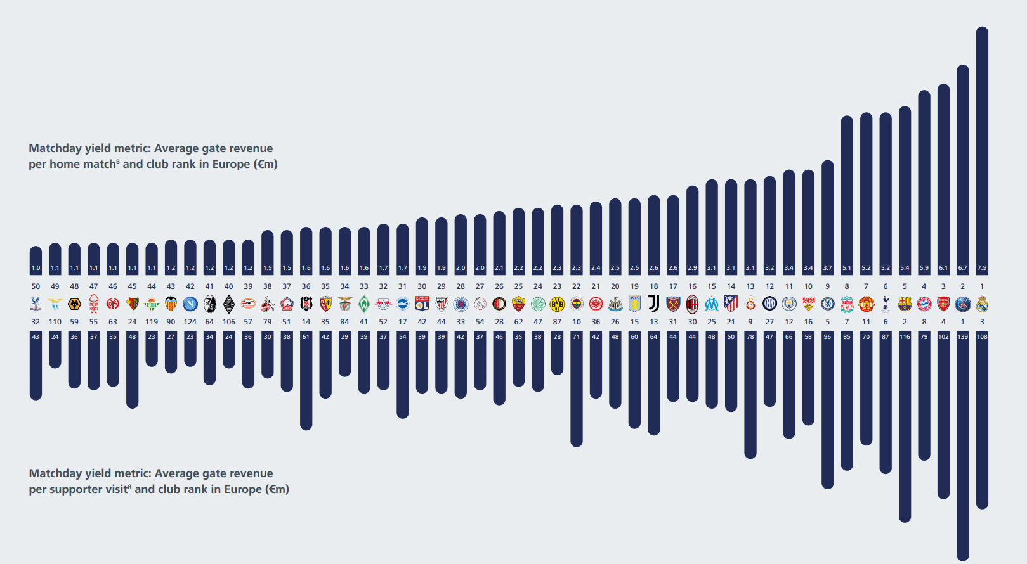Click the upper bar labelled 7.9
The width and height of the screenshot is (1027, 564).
pos(982,146)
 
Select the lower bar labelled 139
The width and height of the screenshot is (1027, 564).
pos(963,444)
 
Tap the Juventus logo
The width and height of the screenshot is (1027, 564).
pos(653,304)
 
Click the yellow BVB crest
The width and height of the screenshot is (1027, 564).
pos(557,304)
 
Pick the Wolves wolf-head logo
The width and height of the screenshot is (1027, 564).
pos(74,304)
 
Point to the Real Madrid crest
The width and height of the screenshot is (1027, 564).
pos(982,304)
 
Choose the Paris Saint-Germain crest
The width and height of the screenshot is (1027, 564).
pos(963,304)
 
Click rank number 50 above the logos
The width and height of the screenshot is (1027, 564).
pos(36,286)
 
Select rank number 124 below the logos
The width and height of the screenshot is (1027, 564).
pos(190,322)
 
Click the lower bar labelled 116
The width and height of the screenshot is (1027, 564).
pos(905,425)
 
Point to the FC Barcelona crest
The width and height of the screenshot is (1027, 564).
pos(905,304)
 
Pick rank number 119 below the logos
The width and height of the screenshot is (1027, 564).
pos(152,322)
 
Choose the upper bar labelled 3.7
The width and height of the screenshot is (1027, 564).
pos(827,215)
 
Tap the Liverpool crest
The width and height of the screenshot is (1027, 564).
pos(847,304)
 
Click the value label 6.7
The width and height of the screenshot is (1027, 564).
pos(963,268)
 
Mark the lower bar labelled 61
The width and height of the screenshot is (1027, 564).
pos(306,380)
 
